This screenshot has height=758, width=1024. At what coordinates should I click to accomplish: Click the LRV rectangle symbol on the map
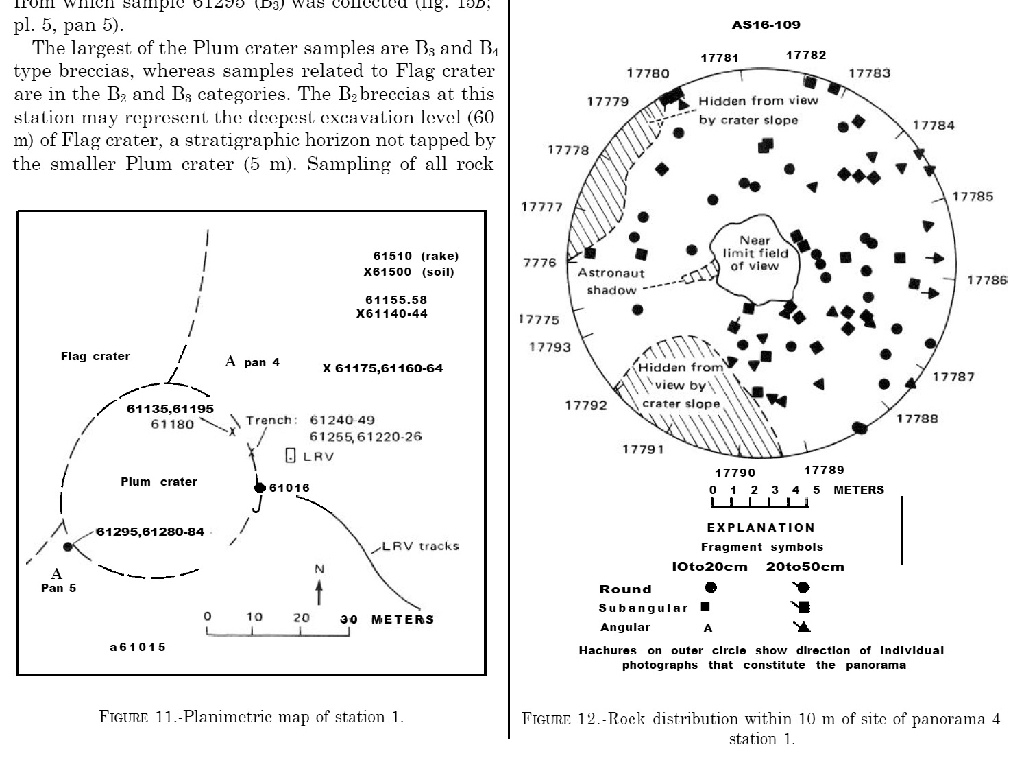click(291, 455)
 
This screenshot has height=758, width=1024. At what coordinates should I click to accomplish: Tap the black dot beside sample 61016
click(259, 488)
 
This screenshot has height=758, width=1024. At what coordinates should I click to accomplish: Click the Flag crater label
click(95, 356)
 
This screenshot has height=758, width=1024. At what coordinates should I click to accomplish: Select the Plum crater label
click(159, 482)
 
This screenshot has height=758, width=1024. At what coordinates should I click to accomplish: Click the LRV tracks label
click(420, 546)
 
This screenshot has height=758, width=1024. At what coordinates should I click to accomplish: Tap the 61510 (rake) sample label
click(416, 256)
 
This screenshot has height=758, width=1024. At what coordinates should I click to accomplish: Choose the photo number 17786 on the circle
click(987, 280)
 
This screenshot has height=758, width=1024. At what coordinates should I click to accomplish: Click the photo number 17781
click(720, 58)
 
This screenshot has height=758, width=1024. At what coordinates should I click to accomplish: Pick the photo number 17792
click(586, 405)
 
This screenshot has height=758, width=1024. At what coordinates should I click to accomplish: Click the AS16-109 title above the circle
click(766, 25)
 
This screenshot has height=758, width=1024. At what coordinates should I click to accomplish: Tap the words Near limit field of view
click(755, 253)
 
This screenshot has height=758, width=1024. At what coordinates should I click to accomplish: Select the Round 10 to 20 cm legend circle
click(711, 587)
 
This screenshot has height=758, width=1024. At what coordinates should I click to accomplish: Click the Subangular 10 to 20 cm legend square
click(705, 606)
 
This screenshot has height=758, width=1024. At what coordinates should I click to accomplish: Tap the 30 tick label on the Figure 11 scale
click(349, 619)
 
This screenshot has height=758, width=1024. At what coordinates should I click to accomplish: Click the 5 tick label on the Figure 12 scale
click(816, 490)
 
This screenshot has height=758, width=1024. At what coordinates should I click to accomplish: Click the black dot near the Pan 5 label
click(67, 546)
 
